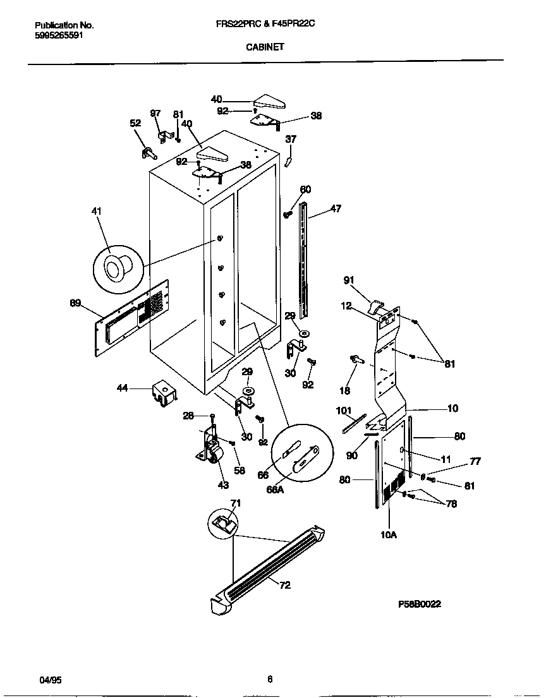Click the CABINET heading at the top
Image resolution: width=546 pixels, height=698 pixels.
click(265, 46)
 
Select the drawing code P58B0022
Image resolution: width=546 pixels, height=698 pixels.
click(420, 604)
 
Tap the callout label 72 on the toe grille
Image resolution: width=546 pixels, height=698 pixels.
click(285, 585)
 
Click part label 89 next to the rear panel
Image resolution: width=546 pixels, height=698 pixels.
click(75, 303)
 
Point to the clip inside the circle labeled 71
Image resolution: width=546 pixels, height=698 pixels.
click(222, 522)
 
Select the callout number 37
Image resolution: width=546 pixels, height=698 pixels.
click(291, 139)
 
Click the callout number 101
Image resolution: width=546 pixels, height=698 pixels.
click(344, 411)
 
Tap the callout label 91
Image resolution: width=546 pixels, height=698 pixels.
click(349, 280)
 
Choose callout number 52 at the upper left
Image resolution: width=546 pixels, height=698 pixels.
click(135, 123)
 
